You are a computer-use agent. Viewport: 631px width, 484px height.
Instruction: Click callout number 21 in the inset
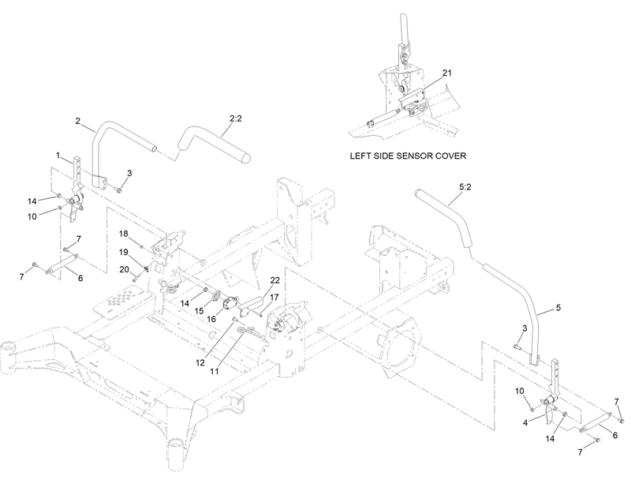(x=447, y=73)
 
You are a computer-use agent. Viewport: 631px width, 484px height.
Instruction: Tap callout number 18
(x=124, y=234)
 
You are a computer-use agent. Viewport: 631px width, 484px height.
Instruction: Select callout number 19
(x=124, y=251)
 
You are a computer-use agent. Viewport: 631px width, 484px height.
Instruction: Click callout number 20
(x=124, y=269)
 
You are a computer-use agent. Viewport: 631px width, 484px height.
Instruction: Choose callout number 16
(x=211, y=318)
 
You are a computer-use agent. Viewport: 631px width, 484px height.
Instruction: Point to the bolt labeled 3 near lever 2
(x=118, y=188)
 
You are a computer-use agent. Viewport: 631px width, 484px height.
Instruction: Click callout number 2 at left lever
(x=78, y=121)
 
